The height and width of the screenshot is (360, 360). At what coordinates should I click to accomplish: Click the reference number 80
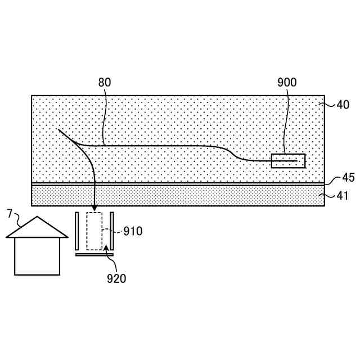[x=105, y=82]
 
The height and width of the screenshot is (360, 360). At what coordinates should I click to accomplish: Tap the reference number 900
[x=287, y=82]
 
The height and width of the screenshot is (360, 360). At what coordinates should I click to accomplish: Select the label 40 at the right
[x=343, y=104]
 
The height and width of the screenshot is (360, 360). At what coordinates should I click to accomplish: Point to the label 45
[x=348, y=178]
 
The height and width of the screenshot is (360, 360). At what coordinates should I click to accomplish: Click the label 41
[x=343, y=196]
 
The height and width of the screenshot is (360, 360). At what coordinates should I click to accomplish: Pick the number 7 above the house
[x=9, y=213]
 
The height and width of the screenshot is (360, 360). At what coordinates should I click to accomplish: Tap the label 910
[x=133, y=231]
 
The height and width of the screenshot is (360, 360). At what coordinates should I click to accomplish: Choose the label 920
[x=117, y=278]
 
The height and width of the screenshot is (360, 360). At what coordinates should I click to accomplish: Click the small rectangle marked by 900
[x=288, y=161]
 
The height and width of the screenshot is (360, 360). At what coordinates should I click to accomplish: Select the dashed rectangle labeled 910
[x=94, y=231]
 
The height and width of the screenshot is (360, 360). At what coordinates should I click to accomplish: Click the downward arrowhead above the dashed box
[x=94, y=208]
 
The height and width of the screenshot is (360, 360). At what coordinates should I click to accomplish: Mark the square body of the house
[x=37, y=256]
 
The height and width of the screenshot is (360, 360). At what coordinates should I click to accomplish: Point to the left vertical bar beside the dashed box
[x=76, y=231]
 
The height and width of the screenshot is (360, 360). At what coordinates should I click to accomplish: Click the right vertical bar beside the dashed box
[x=112, y=231]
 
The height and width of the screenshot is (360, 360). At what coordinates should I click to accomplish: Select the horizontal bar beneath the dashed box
[x=94, y=254]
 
